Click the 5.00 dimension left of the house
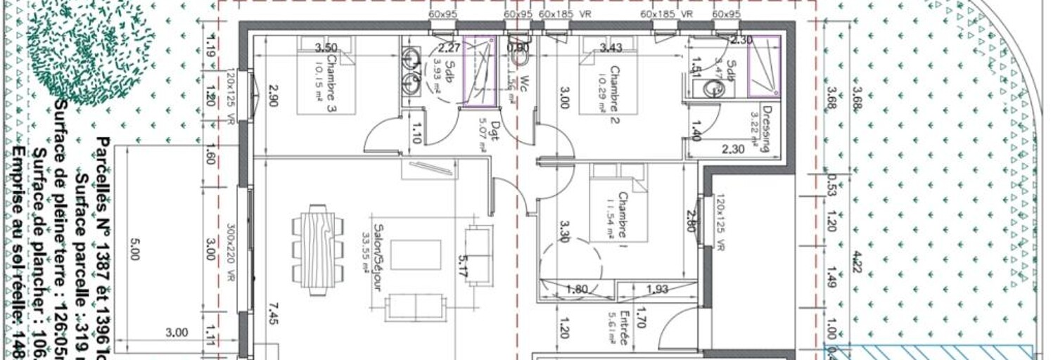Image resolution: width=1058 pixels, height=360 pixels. coord(134,248)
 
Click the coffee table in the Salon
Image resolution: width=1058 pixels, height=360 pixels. coord(416,255)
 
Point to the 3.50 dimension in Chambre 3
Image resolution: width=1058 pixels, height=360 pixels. coord(325,48)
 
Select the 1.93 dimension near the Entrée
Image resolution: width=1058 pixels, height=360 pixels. coord(658,289)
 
